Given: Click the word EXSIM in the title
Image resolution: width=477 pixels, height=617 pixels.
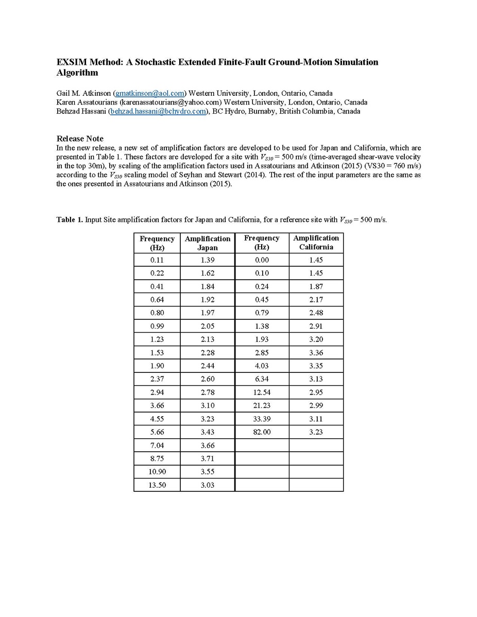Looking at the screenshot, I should click(x=71, y=62).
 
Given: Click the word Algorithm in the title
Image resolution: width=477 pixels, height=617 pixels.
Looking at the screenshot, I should click(x=77, y=73).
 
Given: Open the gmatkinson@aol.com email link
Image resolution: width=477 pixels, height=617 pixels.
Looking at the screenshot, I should click(x=150, y=93).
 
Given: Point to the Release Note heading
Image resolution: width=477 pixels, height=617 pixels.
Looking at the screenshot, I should click(x=80, y=139).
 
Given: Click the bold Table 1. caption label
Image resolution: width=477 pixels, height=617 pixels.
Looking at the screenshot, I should click(x=70, y=220).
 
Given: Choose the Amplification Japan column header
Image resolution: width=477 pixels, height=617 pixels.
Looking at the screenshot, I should click(x=208, y=243).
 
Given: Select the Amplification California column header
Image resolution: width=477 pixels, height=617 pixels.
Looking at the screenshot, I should click(x=316, y=242).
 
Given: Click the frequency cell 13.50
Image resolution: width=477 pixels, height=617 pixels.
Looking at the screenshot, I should click(x=157, y=485).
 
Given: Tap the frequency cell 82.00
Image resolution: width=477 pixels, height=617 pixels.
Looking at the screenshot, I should click(x=262, y=432).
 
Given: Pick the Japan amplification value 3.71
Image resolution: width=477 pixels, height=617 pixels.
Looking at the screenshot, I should click(x=208, y=458).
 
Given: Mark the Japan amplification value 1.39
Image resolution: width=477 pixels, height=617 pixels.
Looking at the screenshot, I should click(x=208, y=260).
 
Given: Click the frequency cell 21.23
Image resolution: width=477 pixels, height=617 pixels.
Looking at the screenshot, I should click(x=262, y=405).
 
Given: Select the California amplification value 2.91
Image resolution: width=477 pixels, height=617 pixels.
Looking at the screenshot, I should click(x=316, y=326).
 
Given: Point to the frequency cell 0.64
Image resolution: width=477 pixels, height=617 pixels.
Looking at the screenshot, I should click(x=157, y=300).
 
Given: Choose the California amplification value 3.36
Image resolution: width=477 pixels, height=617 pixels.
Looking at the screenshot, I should click(x=316, y=352).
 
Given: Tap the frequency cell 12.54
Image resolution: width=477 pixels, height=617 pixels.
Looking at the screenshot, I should click(x=262, y=392).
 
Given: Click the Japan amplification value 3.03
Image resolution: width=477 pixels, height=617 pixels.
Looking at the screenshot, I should click(x=208, y=485).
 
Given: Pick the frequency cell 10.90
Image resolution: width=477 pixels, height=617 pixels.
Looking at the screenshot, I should click(x=157, y=471).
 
